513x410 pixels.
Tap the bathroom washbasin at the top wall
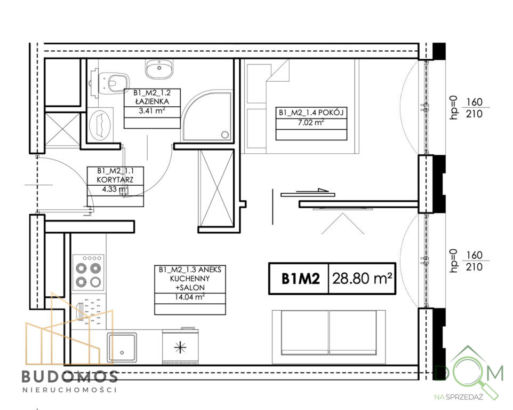click(159, 69)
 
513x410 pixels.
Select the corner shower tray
click(207, 116)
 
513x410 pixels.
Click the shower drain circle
click(225, 135)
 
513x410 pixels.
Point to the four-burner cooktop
click(89, 272)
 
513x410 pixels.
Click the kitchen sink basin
click(122, 348)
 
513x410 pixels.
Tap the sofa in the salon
click(329, 337)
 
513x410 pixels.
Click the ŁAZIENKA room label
click(152, 101)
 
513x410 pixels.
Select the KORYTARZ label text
click(115, 180)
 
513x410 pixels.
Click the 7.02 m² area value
click(311, 123)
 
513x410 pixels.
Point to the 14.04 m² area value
click(190, 297)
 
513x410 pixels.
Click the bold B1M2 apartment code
click(300, 279)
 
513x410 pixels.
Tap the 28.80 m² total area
click(362, 279)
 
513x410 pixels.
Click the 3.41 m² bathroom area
click(152, 111)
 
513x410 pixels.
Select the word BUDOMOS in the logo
click(70, 377)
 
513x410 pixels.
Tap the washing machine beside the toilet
click(100, 124)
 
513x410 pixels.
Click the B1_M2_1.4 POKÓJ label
click(311, 113)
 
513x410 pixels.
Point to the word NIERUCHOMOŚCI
click(70, 390)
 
